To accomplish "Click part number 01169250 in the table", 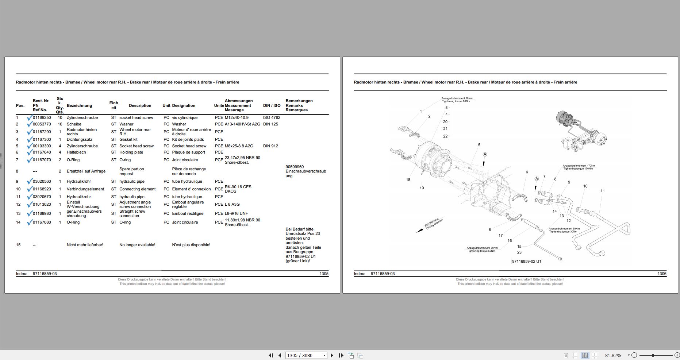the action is click(42, 118).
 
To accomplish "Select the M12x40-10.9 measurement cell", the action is click(237, 118).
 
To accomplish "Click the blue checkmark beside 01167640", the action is click(30, 153).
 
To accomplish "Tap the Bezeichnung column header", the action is click(79, 106).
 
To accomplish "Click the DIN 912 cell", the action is click(270, 146).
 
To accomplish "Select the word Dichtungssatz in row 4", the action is click(80, 140).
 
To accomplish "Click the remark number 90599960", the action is click(295, 167).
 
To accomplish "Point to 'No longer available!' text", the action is click(137, 245).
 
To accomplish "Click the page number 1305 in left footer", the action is click(324, 274).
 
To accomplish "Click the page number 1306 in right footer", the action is click(662, 274).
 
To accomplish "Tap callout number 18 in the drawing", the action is click(408, 180).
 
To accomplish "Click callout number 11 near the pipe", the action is click(603, 191).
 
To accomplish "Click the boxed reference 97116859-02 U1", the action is click(527, 262).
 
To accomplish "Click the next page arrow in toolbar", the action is click(332, 355).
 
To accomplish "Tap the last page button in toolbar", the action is click(341, 355).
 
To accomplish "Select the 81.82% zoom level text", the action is click(613, 355).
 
